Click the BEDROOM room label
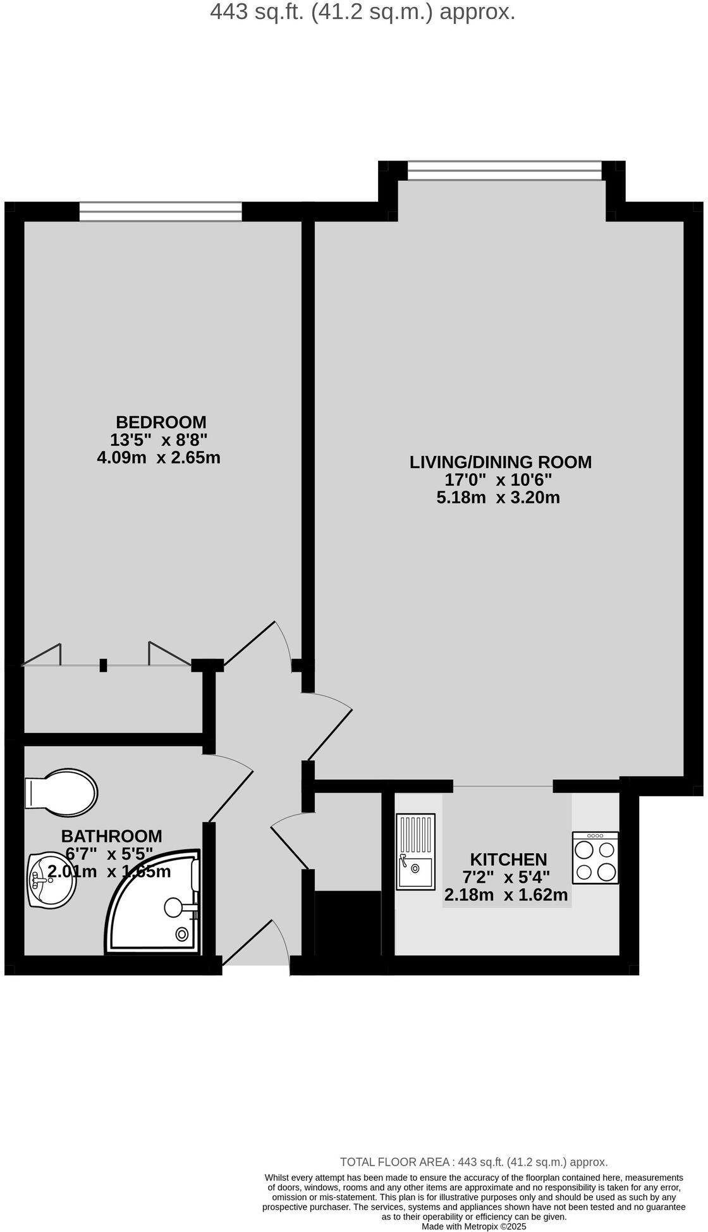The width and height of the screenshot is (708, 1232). coord(161,422)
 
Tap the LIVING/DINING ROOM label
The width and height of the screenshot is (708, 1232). coord(501,462)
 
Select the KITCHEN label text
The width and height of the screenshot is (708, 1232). coord(508,859)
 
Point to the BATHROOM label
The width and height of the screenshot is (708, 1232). coord(111,837)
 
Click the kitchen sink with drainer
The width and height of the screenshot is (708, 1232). coord(415,851)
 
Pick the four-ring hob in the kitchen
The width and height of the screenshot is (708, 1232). coord(595,858)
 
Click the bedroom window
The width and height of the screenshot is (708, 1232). coord(161,211)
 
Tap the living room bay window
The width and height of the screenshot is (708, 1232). coord(504,171)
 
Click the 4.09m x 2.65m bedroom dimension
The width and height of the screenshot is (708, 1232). coord(159,457)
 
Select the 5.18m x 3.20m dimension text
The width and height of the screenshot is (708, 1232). coord(498,498)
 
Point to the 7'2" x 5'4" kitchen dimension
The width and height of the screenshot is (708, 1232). coord(506,878)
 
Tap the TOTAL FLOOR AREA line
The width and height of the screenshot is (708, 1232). coord(473,1162)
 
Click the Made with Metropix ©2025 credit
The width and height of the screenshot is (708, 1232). coord(473,1226)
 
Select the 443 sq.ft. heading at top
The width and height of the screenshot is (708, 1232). coord(362,11)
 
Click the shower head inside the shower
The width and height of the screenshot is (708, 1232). coord(173,908)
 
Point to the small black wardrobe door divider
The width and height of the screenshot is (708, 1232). coord(103,665)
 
